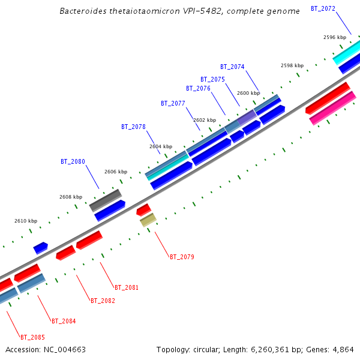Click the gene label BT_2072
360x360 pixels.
click(x=323, y=8)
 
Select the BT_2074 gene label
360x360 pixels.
click(x=232, y=67)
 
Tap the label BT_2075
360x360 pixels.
click(x=212, y=79)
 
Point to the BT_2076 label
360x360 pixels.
click(x=198, y=88)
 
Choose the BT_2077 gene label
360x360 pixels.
click(x=173, y=103)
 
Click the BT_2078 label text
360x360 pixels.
click(x=133, y=127)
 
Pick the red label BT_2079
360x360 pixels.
click(x=182, y=257)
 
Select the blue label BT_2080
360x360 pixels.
click(x=73, y=161)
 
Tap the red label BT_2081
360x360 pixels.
click(x=127, y=287)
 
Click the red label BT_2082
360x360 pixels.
click(x=103, y=301)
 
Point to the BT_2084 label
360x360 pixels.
click(x=64, y=321)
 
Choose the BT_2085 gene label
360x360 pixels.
click(x=32, y=337)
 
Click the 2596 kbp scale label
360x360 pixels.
click(x=335, y=37)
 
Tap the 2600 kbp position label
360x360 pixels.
click(x=248, y=93)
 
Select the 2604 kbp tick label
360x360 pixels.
click(x=161, y=146)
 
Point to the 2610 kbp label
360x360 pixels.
click(x=26, y=221)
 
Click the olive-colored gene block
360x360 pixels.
click(x=148, y=220)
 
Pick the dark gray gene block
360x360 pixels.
click(x=106, y=199)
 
